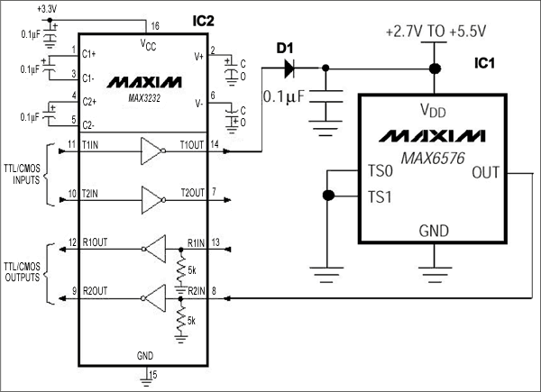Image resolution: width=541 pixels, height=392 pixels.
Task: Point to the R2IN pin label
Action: (x=198, y=291)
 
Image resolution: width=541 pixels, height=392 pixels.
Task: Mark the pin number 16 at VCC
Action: (x=154, y=27)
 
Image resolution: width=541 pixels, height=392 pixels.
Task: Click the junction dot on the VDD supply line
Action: (x=435, y=68)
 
